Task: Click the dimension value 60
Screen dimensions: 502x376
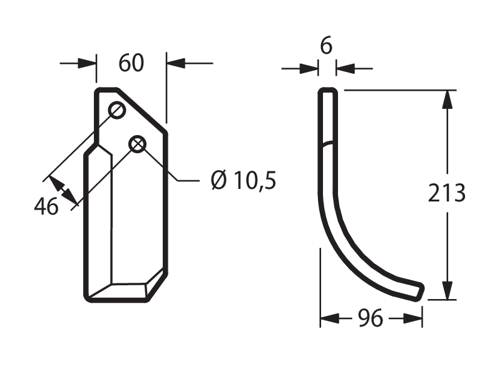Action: (131, 63)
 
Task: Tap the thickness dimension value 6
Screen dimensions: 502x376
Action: (326, 46)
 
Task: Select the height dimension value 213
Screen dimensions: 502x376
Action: (447, 193)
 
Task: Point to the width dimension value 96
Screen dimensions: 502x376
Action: (371, 318)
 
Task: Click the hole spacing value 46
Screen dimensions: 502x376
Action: (46, 206)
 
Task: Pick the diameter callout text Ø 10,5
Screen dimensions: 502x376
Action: (243, 180)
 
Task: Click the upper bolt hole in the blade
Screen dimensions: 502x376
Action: (117, 110)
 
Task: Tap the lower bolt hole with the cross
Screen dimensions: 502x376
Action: (137, 144)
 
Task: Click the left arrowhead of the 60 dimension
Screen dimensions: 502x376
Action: (87, 63)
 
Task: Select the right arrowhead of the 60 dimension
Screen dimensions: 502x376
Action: (176, 63)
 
